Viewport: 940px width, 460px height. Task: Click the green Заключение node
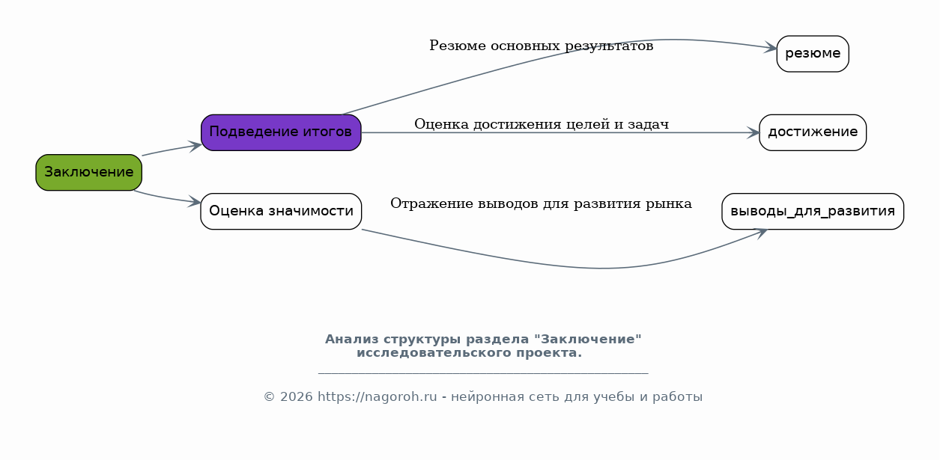click(88, 173)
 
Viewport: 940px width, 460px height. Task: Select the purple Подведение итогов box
click(281, 132)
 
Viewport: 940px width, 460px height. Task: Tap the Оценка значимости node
click(281, 211)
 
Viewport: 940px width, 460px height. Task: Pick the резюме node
click(813, 54)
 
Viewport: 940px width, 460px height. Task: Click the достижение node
click(813, 132)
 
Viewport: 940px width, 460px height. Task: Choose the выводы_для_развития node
click(813, 211)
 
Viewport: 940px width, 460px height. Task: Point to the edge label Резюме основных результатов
click(541, 46)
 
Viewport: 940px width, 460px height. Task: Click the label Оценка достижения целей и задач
click(542, 124)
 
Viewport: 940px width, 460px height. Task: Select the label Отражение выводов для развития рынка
click(541, 203)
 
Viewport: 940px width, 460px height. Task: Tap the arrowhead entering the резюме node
click(771, 47)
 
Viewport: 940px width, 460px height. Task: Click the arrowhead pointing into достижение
click(753, 133)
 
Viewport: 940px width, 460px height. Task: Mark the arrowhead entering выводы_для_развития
click(761, 233)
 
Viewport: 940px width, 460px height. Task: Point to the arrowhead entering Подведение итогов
click(196, 146)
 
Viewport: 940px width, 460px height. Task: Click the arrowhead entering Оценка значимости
click(195, 201)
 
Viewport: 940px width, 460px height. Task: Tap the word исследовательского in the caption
click(434, 353)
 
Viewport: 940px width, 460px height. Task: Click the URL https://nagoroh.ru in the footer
click(377, 396)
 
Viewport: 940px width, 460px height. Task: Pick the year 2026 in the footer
click(297, 396)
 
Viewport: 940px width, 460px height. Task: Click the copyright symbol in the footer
click(269, 396)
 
